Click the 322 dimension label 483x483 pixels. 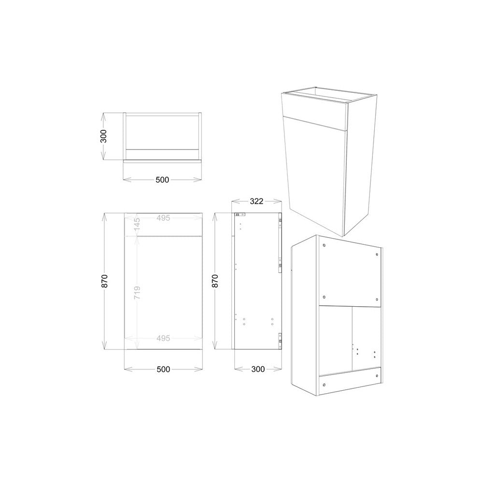click(x=256, y=201)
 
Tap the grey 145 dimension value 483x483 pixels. click(x=137, y=224)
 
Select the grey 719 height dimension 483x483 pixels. click(x=137, y=292)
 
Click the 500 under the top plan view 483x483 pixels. click(x=162, y=180)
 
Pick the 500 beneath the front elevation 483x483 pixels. click(x=163, y=369)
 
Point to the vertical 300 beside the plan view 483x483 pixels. click(x=103, y=136)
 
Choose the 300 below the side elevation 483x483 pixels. click(x=258, y=369)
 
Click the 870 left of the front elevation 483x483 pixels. click(x=105, y=281)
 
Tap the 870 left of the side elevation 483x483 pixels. click(x=215, y=281)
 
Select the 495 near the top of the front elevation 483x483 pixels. click(x=163, y=218)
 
